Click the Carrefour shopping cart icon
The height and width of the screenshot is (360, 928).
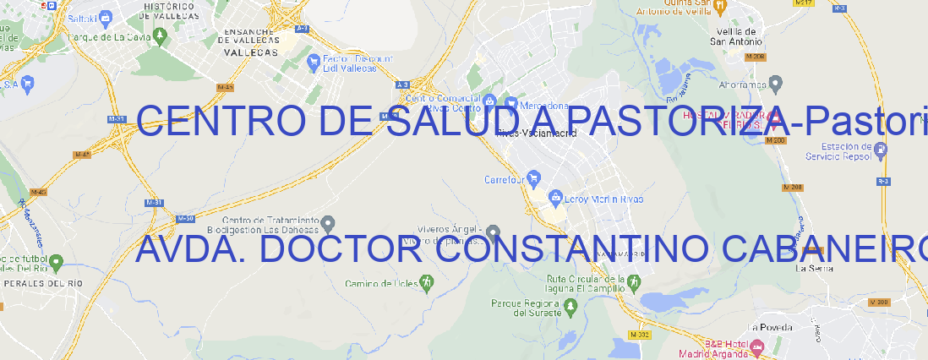(534, 179)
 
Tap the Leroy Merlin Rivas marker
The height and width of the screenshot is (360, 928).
(555, 198)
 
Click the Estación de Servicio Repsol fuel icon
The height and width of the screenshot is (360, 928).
(882, 150)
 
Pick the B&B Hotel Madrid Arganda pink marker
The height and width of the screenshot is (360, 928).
(757, 346)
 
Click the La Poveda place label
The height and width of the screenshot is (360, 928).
(771, 327)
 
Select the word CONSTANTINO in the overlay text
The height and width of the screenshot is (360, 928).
(559, 249)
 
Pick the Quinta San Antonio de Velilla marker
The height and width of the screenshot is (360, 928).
(721, 7)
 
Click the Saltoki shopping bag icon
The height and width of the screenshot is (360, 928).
(105, 17)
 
